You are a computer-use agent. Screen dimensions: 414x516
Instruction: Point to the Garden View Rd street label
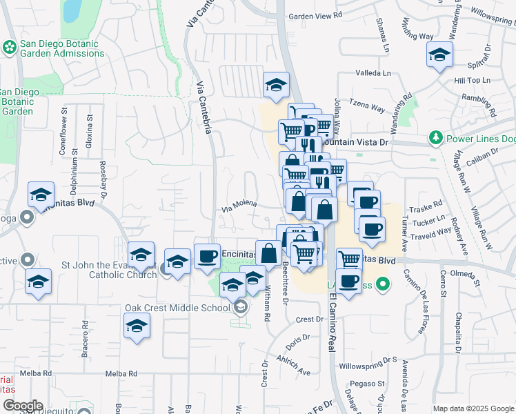click(315, 16)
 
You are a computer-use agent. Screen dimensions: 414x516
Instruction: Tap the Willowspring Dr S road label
click(369, 359)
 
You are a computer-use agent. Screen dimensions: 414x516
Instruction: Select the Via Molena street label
click(239, 204)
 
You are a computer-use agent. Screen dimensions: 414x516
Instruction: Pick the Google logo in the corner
click(22, 406)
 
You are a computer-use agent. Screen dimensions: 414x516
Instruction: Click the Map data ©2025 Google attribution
click(473, 408)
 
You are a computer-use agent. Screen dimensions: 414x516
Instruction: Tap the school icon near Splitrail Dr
click(438, 55)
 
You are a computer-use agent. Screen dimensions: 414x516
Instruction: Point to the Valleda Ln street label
click(373, 72)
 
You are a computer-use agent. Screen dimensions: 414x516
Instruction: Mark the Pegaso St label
click(366, 382)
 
